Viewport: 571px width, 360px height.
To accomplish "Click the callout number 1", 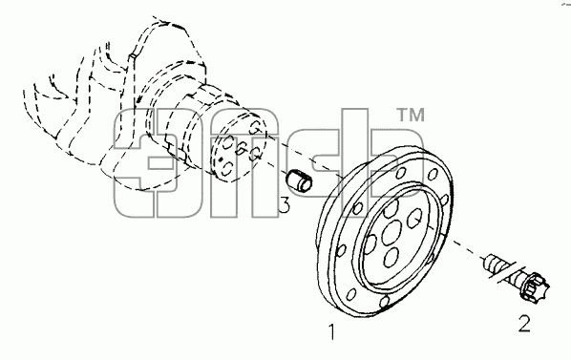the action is pos(331,331).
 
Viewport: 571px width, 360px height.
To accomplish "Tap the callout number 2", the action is pos(524,323).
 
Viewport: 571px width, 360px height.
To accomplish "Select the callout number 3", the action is pos(285,205).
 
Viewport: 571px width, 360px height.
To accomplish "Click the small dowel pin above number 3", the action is pos(299,180).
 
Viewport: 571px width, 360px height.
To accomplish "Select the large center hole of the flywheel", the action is pos(391,233).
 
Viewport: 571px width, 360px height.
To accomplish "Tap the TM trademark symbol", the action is pos(411,115).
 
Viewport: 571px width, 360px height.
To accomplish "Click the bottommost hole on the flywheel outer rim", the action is pos(385,302).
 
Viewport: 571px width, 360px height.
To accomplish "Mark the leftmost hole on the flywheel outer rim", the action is pos(341,250).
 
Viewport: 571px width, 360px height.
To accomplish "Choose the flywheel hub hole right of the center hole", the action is pos(414,218).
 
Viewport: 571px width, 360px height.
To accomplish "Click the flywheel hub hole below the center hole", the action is pos(392,258).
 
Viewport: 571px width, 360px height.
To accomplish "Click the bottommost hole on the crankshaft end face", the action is pos(227,169).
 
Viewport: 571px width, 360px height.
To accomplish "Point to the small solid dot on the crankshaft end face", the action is pos(221,159).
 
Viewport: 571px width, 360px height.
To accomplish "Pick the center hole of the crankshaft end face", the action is pos(241,148).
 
